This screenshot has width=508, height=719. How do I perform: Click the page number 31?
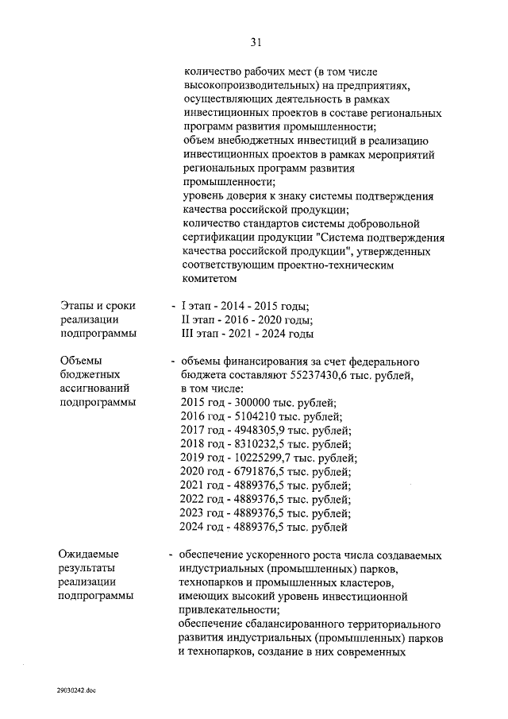255,41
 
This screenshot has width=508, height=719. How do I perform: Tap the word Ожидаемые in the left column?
89,554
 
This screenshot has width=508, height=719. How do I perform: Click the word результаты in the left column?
88,568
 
